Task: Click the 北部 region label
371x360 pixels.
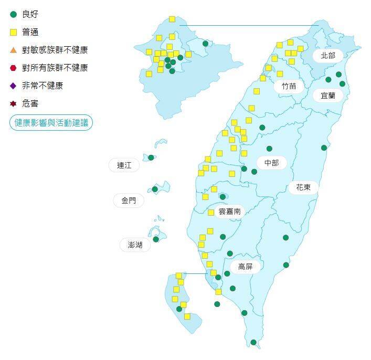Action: pyautogui.click(x=328, y=55)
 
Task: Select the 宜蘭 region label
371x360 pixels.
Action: pyautogui.click(x=328, y=96)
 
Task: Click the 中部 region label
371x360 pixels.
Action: pyautogui.click(x=271, y=163)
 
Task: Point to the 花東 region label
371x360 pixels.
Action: pyautogui.click(x=303, y=187)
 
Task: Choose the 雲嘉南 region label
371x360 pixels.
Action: pyautogui.click(x=229, y=211)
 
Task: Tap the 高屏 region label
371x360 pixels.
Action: pyautogui.click(x=245, y=267)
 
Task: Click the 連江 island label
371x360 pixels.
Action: pyautogui.click(x=124, y=165)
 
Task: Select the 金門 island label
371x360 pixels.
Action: pyautogui.click(x=129, y=200)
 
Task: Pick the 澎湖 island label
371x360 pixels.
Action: pyautogui.click(x=135, y=245)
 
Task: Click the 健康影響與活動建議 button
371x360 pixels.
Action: pyautogui.click(x=51, y=123)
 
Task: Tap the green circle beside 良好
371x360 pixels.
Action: pyautogui.click(x=13, y=15)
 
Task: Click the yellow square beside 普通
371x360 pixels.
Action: pyautogui.click(x=13, y=33)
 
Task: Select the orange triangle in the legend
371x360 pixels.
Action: pyautogui.click(x=13, y=50)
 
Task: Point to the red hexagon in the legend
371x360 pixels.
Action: pyautogui.click(x=13, y=68)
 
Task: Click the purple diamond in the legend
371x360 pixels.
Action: pyautogui.click(x=13, y=86)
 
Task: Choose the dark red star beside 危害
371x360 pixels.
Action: pyautogui.click(x=13, y=103)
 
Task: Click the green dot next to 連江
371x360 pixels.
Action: pyautogui.click(x=151, y=157)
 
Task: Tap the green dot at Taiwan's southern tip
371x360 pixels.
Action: pyautogui.click(x=253, y=343)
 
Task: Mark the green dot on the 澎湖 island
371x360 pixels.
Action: pyautogui.click(x=156, y=239)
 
